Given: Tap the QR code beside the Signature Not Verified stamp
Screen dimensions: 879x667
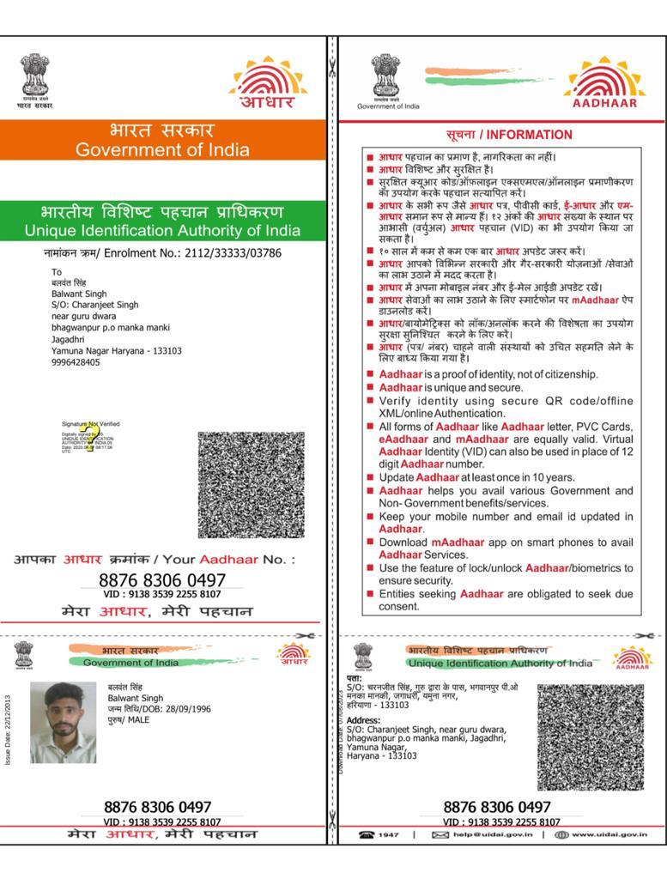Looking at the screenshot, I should point(251,484).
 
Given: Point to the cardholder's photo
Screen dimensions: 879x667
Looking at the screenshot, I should point(64,722).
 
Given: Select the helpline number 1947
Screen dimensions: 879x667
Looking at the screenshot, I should point(389,834).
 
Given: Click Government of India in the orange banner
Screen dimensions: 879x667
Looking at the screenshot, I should point(162,150).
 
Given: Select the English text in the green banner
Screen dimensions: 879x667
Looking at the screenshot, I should point(162,231).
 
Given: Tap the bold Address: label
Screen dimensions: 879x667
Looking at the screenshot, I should point(363,720).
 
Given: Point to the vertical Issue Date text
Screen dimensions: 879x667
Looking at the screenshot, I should point(8,730).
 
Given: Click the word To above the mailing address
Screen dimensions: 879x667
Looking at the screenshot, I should point(57,272).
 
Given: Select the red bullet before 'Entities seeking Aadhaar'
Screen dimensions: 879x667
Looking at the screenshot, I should point(370,594).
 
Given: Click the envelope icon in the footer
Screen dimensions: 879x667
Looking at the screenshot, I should point(440,834).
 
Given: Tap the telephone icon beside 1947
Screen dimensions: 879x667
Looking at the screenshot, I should point(367,834).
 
